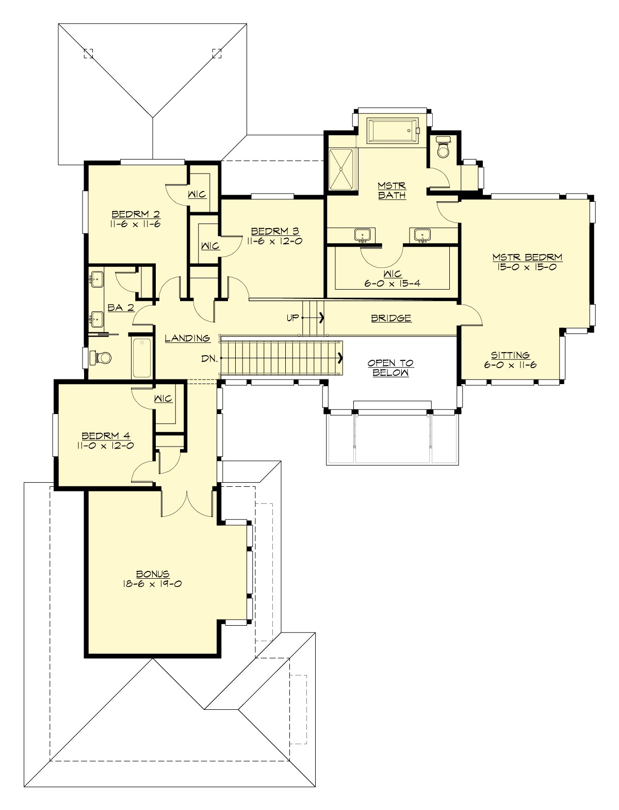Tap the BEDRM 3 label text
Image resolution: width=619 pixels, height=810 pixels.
(x=273, y=231)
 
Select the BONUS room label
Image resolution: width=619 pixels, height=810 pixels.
(x=153, y=574)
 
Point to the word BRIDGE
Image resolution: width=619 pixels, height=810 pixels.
(x=391, y=318)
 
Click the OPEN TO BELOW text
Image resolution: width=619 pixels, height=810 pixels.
(x=391, y=368)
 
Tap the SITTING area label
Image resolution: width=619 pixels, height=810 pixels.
(x=510, y=355)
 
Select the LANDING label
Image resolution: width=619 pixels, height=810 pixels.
(x=187, y=338)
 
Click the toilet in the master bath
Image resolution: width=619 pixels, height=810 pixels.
(x=443, y=148)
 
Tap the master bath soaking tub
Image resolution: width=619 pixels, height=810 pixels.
(x=392, y=131)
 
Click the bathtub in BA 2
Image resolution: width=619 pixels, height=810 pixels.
(x=141, y=357)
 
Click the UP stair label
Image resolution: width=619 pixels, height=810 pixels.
(x=292, y=317)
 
